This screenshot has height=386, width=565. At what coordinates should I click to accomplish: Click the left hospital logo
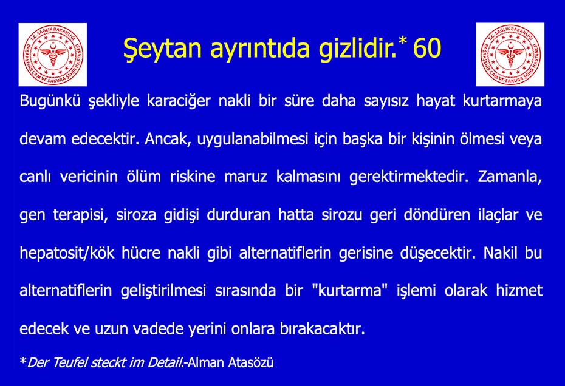point(53,55)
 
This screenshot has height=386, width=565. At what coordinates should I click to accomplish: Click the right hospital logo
point(510,55)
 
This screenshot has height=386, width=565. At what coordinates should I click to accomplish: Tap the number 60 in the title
point(427,48)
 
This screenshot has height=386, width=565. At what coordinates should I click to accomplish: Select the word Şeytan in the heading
point(162,49)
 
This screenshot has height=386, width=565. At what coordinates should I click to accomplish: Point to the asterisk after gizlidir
point(403,40)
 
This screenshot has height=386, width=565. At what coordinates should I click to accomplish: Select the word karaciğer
point(179,101)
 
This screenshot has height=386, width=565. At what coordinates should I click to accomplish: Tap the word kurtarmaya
point(502,101)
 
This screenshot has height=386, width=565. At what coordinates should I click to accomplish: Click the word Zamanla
point(510,177)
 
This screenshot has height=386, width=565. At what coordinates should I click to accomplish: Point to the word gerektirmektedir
point(409,177)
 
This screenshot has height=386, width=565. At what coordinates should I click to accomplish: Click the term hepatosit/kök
point(67,253)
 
